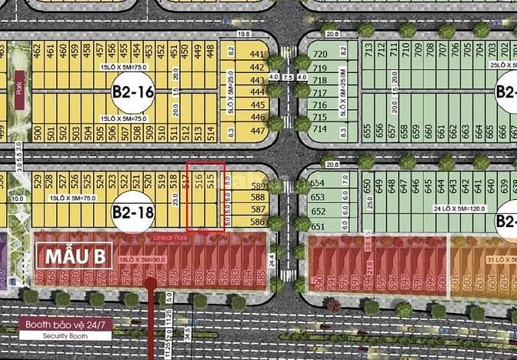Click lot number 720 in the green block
[319, 53]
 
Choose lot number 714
[319, 128]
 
